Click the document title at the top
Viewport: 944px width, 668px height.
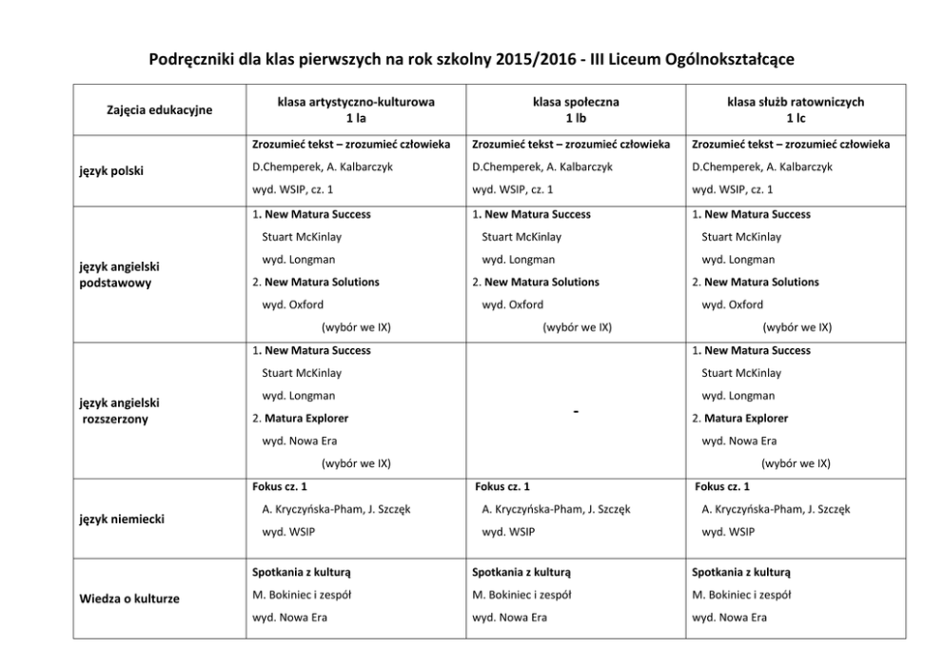(x=472, y=60)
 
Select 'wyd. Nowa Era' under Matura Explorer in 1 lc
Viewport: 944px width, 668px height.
(x=739, y=441)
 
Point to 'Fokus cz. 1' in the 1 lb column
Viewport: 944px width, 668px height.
(x=502, y=486)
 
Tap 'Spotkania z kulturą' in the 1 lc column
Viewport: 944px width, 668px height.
(x=741, y=573)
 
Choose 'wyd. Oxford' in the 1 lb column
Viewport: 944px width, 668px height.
(x=513, y=305)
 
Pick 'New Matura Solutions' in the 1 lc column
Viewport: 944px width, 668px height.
(x=761, y=282)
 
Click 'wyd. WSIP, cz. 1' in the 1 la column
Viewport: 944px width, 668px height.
(x=297, y=189)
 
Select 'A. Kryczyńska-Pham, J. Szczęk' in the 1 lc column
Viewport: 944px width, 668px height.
(x=776, y=509)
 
